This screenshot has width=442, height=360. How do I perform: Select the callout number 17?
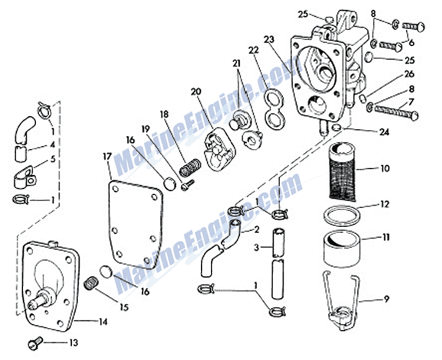tap(107, 157)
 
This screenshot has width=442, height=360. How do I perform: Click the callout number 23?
tap(269, 40)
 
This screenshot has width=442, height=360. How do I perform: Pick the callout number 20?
tap(196, 91)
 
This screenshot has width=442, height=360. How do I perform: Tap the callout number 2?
tap(256, 229)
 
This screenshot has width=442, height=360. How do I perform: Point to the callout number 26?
tap(408, 74)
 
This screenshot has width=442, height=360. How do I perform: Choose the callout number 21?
tap(236, 63)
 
